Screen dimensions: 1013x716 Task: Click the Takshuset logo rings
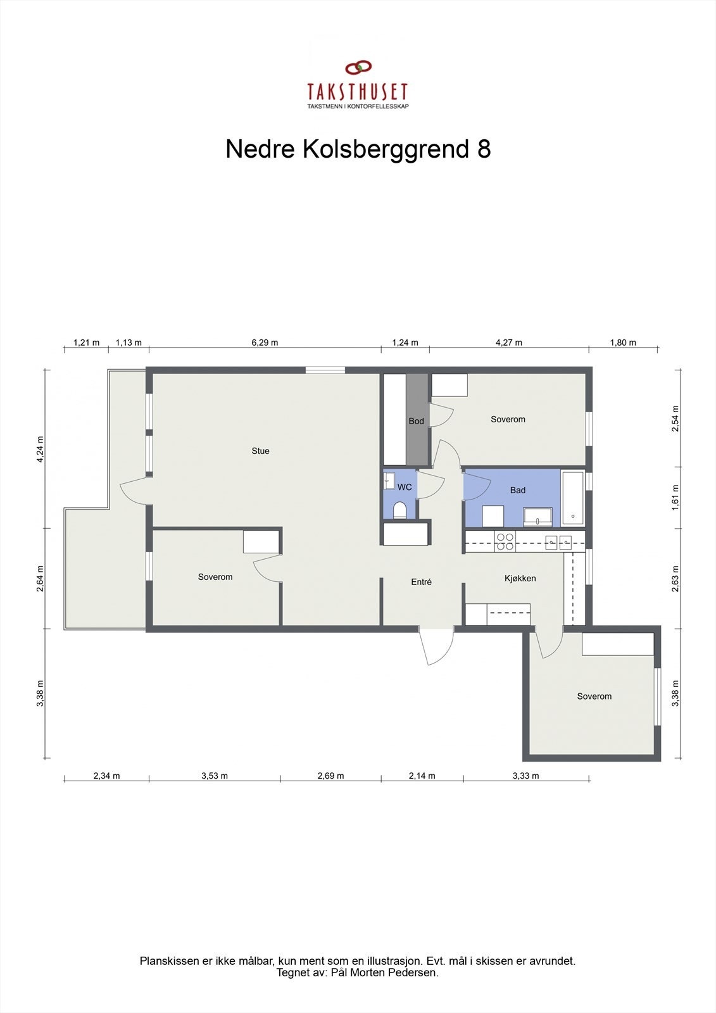point(358,67)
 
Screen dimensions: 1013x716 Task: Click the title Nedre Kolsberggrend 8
point(358,149)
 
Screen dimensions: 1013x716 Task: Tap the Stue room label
point(260,451)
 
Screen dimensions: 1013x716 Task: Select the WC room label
point(405,487)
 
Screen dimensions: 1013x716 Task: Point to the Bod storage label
point(416,421)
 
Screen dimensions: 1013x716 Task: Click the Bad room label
point(517,490)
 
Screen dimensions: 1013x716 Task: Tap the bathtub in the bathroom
point(572,498)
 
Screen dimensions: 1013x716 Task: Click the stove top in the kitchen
point(505,541)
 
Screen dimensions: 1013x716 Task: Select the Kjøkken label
point(520,578)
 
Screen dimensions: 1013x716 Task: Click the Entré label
point(421,582)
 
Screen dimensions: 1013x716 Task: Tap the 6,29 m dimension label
point(265,343)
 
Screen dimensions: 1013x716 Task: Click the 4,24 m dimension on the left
point(40,450)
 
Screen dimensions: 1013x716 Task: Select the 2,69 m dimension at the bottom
point(330,776)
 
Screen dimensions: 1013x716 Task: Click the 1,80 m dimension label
point(623,343)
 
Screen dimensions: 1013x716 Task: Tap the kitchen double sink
point(558,541)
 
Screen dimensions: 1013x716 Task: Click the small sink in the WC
point(389,481)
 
